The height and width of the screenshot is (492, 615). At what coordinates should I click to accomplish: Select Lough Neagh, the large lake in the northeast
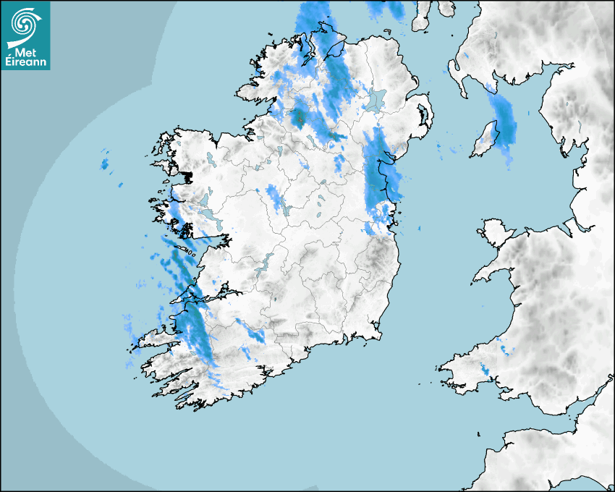(376, 99)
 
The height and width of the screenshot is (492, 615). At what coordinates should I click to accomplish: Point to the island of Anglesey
(495, 231)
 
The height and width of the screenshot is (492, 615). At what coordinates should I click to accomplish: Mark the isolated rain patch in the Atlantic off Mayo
(104, 164)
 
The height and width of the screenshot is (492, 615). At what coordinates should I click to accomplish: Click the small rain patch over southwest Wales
(485, 373)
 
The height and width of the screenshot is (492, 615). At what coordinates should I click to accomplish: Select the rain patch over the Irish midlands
(274, 197)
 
